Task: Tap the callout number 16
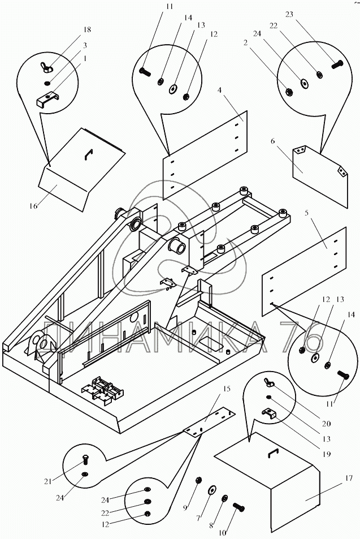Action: tap(34, 206)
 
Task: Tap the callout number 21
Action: tap(50, 481)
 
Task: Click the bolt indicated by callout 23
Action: tap(337, 64)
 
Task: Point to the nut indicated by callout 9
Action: tap(199, 481)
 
